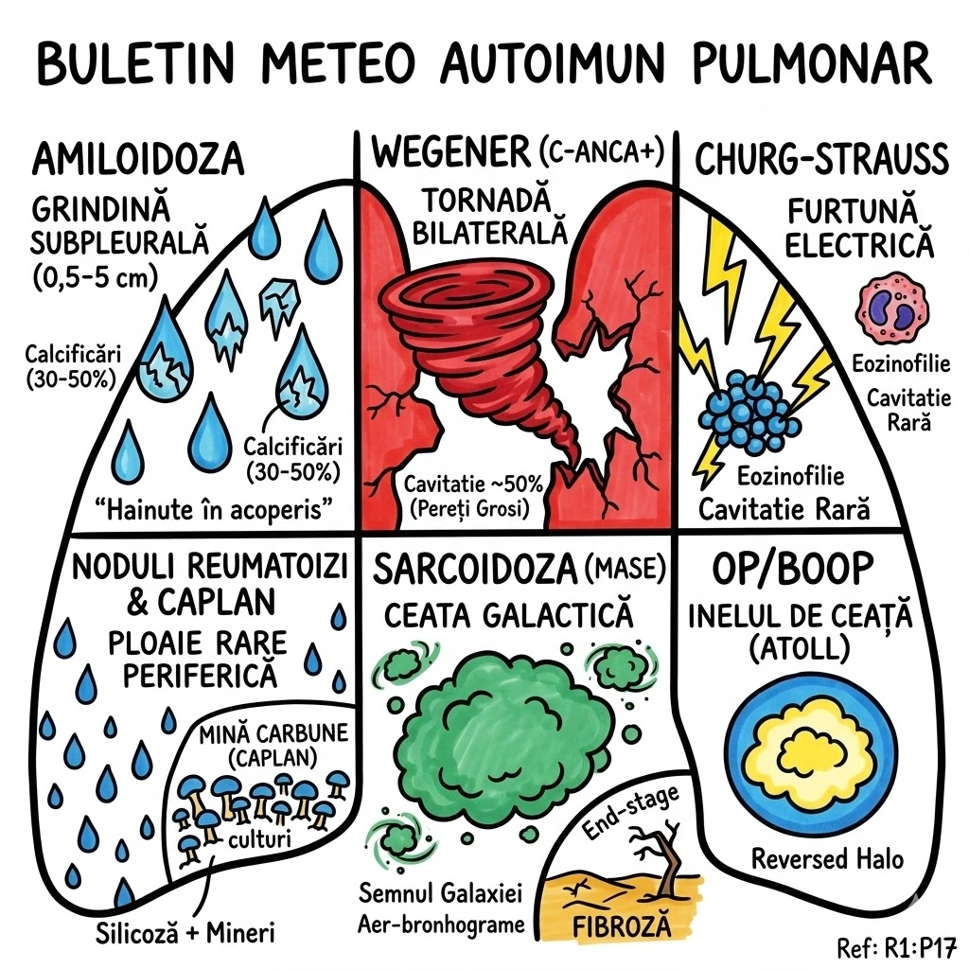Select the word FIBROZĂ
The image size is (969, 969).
(623, 925)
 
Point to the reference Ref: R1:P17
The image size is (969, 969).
(899, 946)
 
